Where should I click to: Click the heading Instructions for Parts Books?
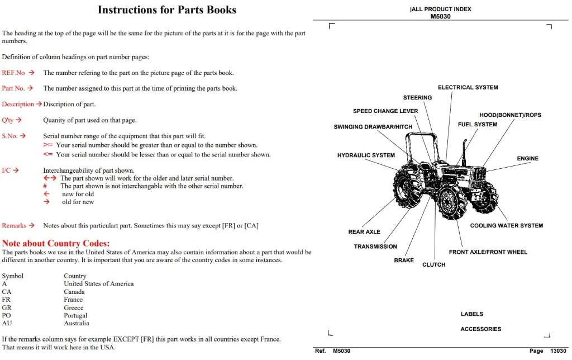(x=166, y=10)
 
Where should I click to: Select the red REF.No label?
(x=13, y=73)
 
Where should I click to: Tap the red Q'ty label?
(x=8, y=120)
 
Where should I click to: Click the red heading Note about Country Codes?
(x=56, y=243)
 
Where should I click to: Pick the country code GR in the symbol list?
(x=7, y=307)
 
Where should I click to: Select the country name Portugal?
(x=75, y=315)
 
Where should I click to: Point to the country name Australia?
(x=76, y=323)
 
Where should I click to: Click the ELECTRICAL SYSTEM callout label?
(x=468, y=87)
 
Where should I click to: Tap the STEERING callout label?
(x=417, y=97)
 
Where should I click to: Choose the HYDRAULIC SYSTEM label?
(x=366, y=155)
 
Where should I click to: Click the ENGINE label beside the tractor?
(x=527, y=158)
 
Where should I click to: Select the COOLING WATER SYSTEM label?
(x=506, y=226)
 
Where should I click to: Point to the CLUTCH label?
(x=433, y=265)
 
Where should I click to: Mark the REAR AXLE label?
(x=364, y=232)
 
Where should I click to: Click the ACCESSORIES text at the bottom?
(x=481, y=329)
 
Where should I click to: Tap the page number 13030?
(x=558, y=351)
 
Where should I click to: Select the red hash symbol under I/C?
(x=45, y=186)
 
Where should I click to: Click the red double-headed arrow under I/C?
(x=50, y=178)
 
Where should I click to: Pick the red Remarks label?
(x=14, y=226)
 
